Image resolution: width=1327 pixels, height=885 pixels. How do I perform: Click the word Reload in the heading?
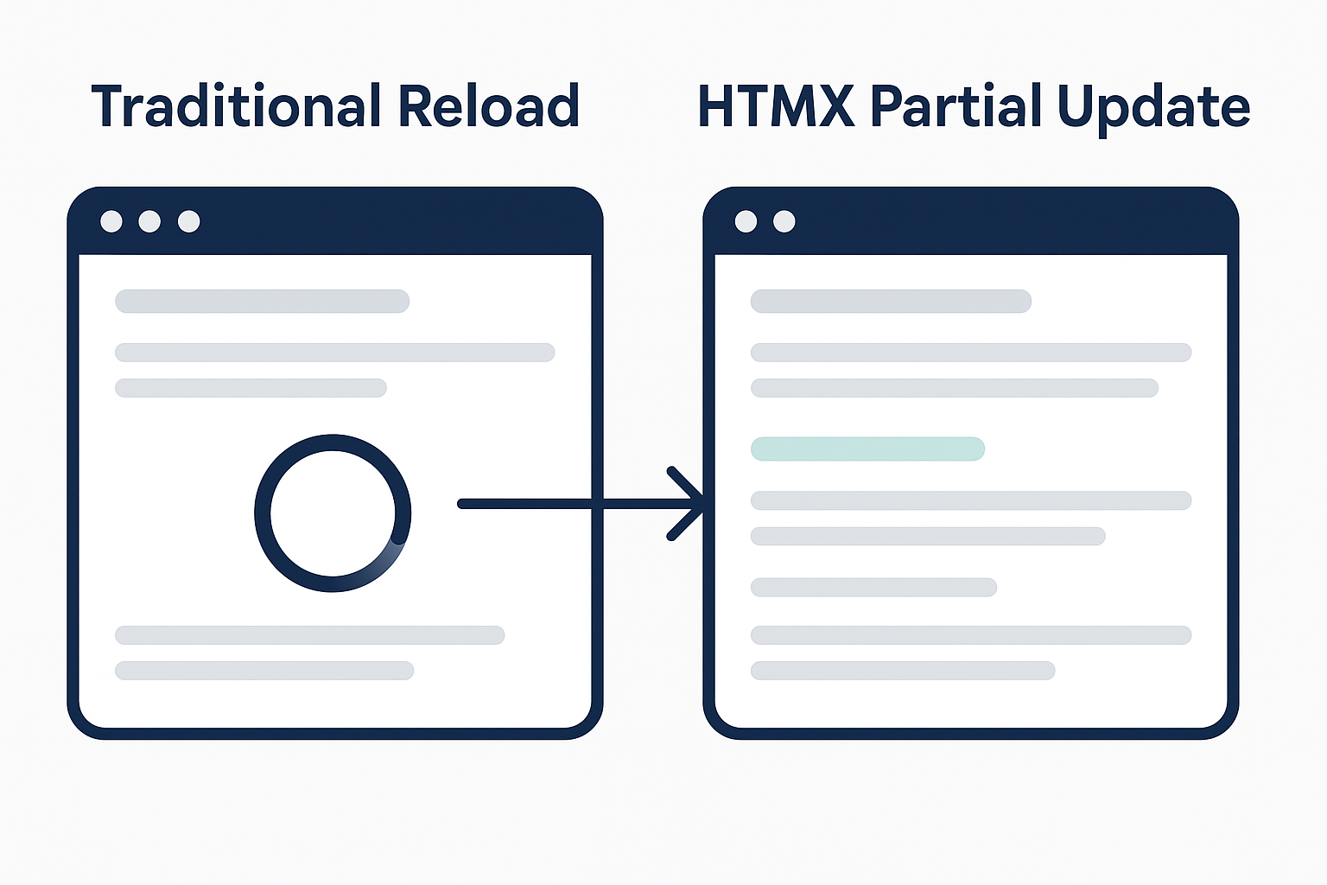[x=488, y=106]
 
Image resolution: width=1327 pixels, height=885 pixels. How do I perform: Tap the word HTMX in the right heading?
[x=776, y=106]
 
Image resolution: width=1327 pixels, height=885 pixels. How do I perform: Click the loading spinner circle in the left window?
[x=333, y=513]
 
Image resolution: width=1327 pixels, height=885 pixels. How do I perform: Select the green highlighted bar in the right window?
[x=867, y=449]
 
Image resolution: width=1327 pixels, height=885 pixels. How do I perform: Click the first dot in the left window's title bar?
[x=111, y=222]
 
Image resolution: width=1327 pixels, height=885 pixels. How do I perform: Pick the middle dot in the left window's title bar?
[x=149, y=222]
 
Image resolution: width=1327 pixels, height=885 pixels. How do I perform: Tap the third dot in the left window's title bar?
[x=188, y=222]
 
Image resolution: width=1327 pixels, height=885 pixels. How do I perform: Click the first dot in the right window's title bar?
[x=746, y=222]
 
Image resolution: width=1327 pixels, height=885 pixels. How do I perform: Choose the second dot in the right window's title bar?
[x=784, y=222]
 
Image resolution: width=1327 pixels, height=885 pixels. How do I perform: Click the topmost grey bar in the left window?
[x=262, y=301]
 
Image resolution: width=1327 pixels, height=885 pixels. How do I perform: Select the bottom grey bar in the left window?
[x=264, y=671]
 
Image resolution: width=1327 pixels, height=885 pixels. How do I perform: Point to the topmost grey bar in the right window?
[x=891, y=301]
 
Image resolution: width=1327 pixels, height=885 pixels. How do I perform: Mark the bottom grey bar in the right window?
[x=903, y=671]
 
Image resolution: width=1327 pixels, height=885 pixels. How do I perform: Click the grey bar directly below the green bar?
[x=971, y=500]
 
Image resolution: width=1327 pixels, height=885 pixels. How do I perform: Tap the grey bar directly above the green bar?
[x=955, y=388]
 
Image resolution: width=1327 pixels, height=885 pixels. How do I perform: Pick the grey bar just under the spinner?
[x=309, y=635]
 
